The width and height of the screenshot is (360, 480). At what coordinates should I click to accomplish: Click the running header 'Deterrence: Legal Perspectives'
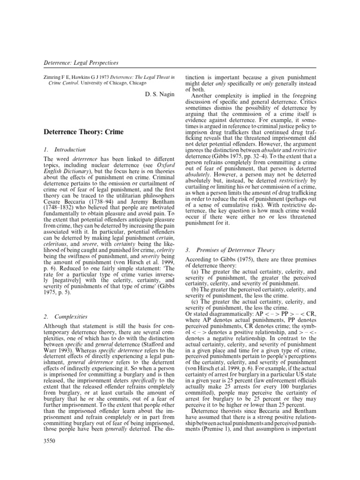[x=81, y=62]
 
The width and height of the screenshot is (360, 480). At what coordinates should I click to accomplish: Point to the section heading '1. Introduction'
[x=64, y=150]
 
